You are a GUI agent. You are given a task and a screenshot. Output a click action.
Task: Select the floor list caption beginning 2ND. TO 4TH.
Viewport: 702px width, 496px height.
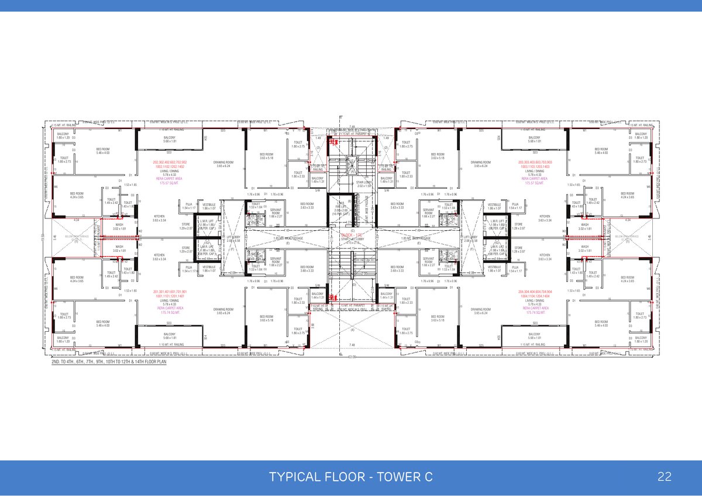(109, 362)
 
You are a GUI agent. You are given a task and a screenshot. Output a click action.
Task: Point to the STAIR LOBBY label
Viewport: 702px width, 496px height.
(351, 183)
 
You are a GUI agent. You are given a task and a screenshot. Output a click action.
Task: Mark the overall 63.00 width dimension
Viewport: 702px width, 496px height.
(352, 356)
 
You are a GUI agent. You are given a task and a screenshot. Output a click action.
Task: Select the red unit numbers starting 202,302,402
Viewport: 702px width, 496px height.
(170, 161)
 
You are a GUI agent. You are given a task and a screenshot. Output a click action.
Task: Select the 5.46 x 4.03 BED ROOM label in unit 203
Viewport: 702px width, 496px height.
(601, 151)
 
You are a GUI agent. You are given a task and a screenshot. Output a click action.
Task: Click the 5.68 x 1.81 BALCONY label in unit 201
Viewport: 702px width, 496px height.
(167, 336)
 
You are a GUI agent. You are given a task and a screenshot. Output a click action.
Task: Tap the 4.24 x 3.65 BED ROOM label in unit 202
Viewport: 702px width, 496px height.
(77, 195)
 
